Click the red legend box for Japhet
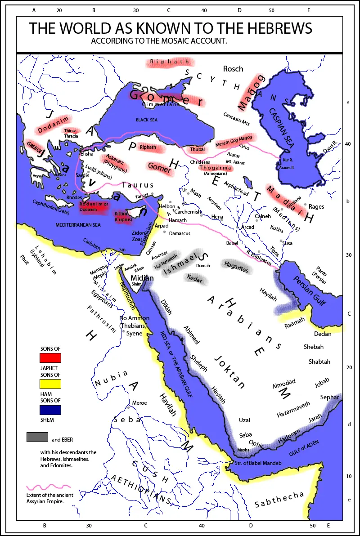(x=50, y=358)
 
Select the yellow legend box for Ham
(x=50, y=384)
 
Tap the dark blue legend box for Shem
(x=50, y=410)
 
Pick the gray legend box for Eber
(x=37, y=437)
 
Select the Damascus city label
(x=180, y=234)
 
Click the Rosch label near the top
(x=233, y=69)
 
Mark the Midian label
(x=142, y=278)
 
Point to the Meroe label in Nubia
(x=139, y=403)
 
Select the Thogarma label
(x=215, y=168)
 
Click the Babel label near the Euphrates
(x=232, y=243)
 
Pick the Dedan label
(x=323, y=334)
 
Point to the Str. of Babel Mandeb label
(x=258, y=463)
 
